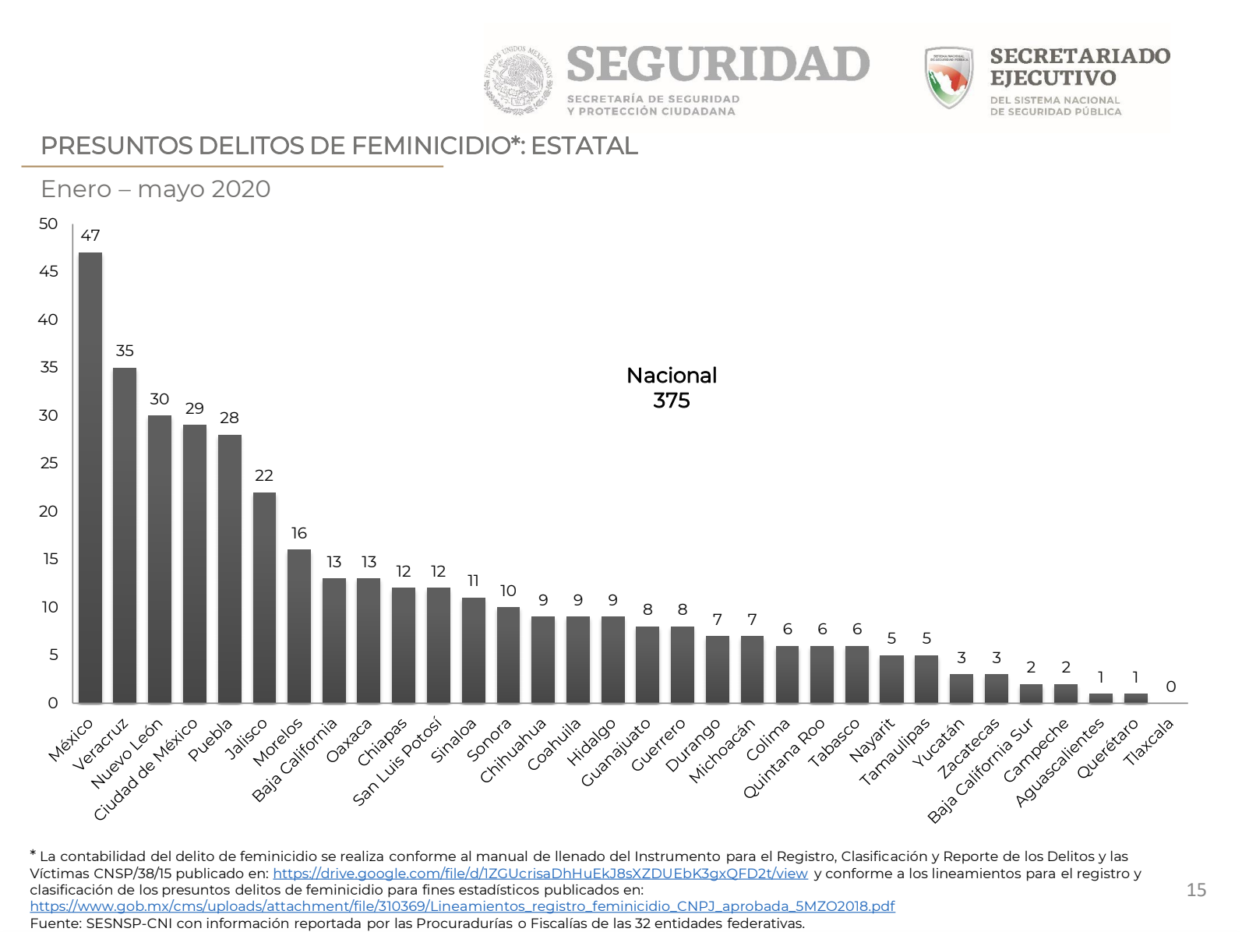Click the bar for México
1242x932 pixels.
click(x=90, y=477)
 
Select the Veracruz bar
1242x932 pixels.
click(x=125, y=535)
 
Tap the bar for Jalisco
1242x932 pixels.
click(x=264, y=597)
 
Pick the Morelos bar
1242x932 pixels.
click(x=299, y=626)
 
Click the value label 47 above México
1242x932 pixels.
click(x=90, y=235)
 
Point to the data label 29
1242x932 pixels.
click(x=195, y=408)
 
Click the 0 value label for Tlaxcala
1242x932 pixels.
click(x=1170, y=687)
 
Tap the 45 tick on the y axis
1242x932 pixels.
click(x=48, y=271)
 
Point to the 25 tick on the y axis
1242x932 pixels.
click(x=48, y=463)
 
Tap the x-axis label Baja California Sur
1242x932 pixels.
click(x=981, y=770)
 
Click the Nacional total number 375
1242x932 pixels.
click(x=672, y=401)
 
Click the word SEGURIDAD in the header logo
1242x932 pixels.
click(x=718, y=64)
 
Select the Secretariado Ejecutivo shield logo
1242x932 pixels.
click(x=949, y=77)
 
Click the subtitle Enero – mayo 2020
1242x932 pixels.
click(x=156, y=189)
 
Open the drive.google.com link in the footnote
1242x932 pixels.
click(x=540, y=874)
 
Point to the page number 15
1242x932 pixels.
click(x=1196, y=890)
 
